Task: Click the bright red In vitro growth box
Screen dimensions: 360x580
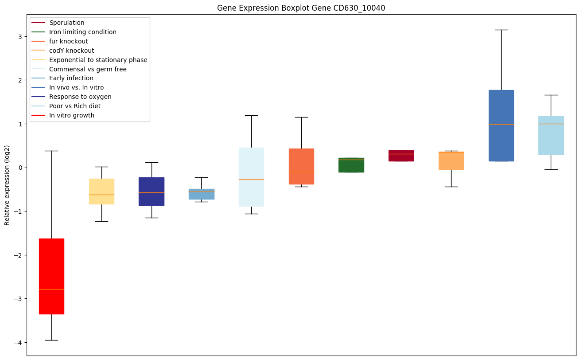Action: coord(51,276)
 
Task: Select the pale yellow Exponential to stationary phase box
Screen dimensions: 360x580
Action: coord(101,191)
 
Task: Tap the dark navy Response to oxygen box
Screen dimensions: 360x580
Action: coord(152,191)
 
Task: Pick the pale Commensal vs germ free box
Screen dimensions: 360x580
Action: coord(251,177)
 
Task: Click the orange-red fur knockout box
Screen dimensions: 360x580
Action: coord(301,166)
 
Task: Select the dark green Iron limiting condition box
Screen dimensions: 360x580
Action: coord(351,165)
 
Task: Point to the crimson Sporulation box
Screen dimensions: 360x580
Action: coord(401,156)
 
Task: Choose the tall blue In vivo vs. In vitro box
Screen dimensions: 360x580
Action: coord(501,125)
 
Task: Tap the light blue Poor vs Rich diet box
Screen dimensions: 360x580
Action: coord(551,135)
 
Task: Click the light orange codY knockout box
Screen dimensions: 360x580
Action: coord(451,160)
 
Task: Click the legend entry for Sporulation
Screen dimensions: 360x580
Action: coord(67,23)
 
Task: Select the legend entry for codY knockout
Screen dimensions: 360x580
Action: coord(71,51)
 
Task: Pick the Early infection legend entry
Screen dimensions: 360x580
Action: coord(71,78)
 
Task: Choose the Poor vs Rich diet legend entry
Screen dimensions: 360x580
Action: coord(74,106)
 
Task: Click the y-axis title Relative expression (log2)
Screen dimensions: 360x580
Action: coord(8,185)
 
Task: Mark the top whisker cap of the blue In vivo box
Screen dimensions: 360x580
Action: coord(501,30)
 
